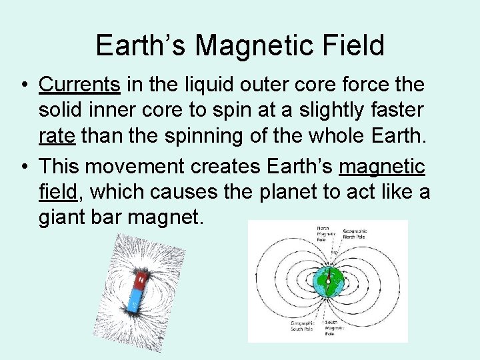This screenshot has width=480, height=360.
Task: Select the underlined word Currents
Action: [x=79, y=85]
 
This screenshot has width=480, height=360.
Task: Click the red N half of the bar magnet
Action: [x=141, y=281]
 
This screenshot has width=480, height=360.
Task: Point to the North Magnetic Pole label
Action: [x=325, y=233]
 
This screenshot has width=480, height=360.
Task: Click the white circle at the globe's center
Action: [x=328, y=281]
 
